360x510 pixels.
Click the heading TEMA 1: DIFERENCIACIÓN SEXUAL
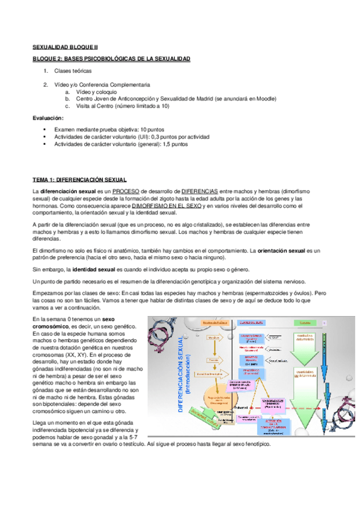pyautogui.click(x=79, y=179)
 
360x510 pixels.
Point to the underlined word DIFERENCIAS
pyautogui.click(x=201, y=191)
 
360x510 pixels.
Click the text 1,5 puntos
pyautogui.click(x=175, y=144)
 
